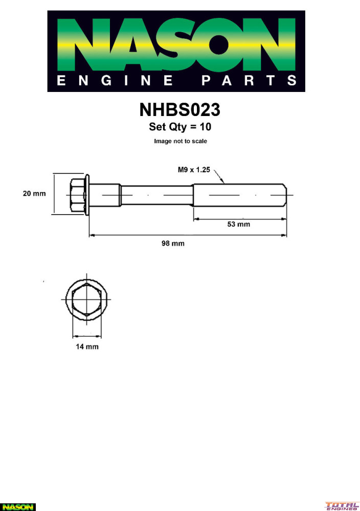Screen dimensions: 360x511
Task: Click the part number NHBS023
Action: coord(179,110)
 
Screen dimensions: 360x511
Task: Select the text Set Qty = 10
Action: coord(180,127)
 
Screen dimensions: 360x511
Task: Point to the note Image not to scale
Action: coord(181,141)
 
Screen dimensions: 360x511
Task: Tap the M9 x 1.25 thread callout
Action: coord(194,170)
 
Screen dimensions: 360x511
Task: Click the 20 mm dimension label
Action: coord(34,194)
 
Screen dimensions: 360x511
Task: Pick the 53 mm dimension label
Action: coord(239,224)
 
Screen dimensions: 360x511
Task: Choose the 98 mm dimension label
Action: coord(173,243)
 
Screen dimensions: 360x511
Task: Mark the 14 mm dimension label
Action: coord(87,347)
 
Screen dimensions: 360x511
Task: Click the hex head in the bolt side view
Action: coord(77,195)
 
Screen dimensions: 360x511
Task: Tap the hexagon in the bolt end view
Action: coord(86,299)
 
